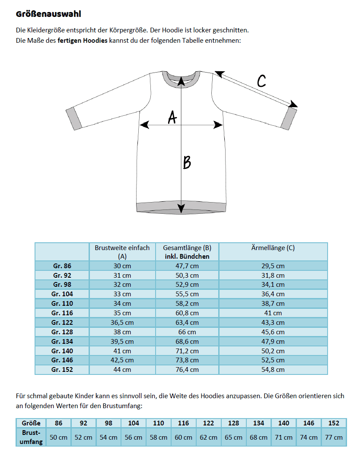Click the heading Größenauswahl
[x=48, y=14]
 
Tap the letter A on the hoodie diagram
[x=172, y=117]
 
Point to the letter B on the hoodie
[x=187, y=162]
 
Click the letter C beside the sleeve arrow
[x=261, y=81]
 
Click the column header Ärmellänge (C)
[x=273, y=248]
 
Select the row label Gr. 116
[x=62, y=313]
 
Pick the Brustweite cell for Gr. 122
[x=122, y=322]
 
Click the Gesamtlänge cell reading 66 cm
[x=187, y=332]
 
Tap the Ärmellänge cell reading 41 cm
[x=273, y=313]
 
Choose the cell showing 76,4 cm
[x=187, y=370]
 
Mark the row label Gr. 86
[x=62, y=266]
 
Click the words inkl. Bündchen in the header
[x=187, y=256]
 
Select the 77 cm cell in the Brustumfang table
[x=334, y=437]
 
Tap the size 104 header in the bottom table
[x=134, y=423]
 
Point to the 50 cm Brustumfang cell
[x=58, y=437]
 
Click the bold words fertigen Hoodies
[x=83, y=41]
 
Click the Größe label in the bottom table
[x=31, y=423]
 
